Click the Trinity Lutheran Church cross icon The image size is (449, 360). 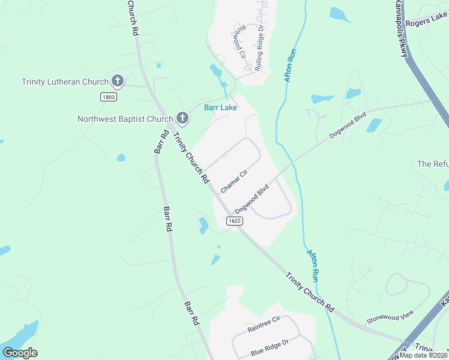pos(118,82)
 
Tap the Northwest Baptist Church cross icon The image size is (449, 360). pos(183,119)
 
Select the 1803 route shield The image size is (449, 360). pos(109,96)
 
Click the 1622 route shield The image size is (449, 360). pos(235,221)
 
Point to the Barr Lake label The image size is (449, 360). pos(220,108)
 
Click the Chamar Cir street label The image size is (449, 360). pos(234,181)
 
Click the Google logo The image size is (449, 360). pos(20,353)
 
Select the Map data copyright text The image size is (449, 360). pos(423,355)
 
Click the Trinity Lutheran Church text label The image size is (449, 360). pos(65,82)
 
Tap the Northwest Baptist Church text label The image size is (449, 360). pos(125,119)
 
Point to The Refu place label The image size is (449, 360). pos(433,164)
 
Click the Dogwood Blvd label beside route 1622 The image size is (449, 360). pos(252,199)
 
